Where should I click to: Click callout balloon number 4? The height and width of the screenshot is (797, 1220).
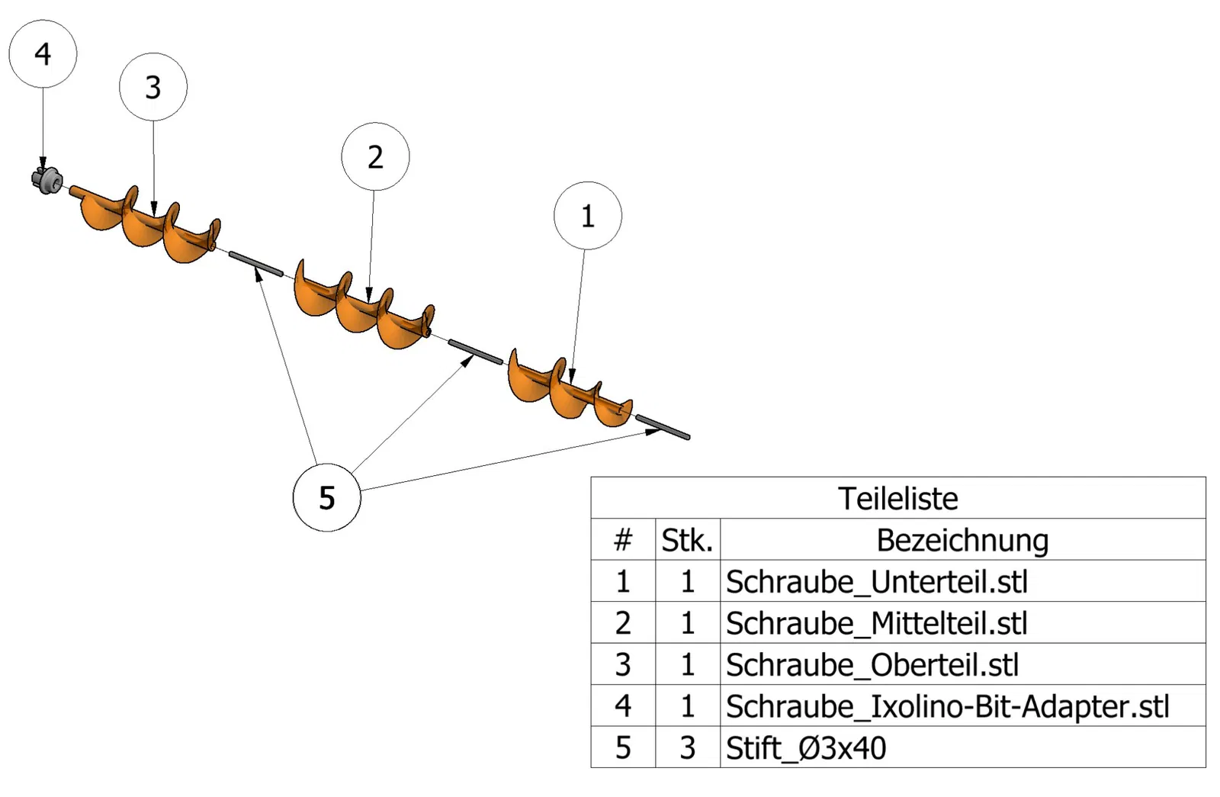43,54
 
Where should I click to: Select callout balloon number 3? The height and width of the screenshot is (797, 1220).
153,87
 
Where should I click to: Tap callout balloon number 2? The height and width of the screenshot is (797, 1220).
375,156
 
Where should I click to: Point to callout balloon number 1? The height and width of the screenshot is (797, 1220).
587,216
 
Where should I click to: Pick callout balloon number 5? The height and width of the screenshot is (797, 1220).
326,498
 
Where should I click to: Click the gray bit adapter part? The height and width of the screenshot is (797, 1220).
48,180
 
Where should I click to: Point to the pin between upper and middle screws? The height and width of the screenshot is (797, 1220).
255,264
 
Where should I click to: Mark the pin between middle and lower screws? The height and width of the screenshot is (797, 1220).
475,352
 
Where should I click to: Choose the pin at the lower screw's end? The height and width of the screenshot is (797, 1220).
663,427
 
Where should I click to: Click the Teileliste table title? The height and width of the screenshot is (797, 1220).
897,498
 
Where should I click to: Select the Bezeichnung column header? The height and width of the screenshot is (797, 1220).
962,540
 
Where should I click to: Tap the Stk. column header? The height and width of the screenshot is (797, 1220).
687,540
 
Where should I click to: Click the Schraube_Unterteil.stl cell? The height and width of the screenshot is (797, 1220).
877,582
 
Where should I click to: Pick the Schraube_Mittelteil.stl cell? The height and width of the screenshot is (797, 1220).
877,623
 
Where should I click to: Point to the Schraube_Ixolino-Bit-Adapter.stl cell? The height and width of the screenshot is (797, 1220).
947,706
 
